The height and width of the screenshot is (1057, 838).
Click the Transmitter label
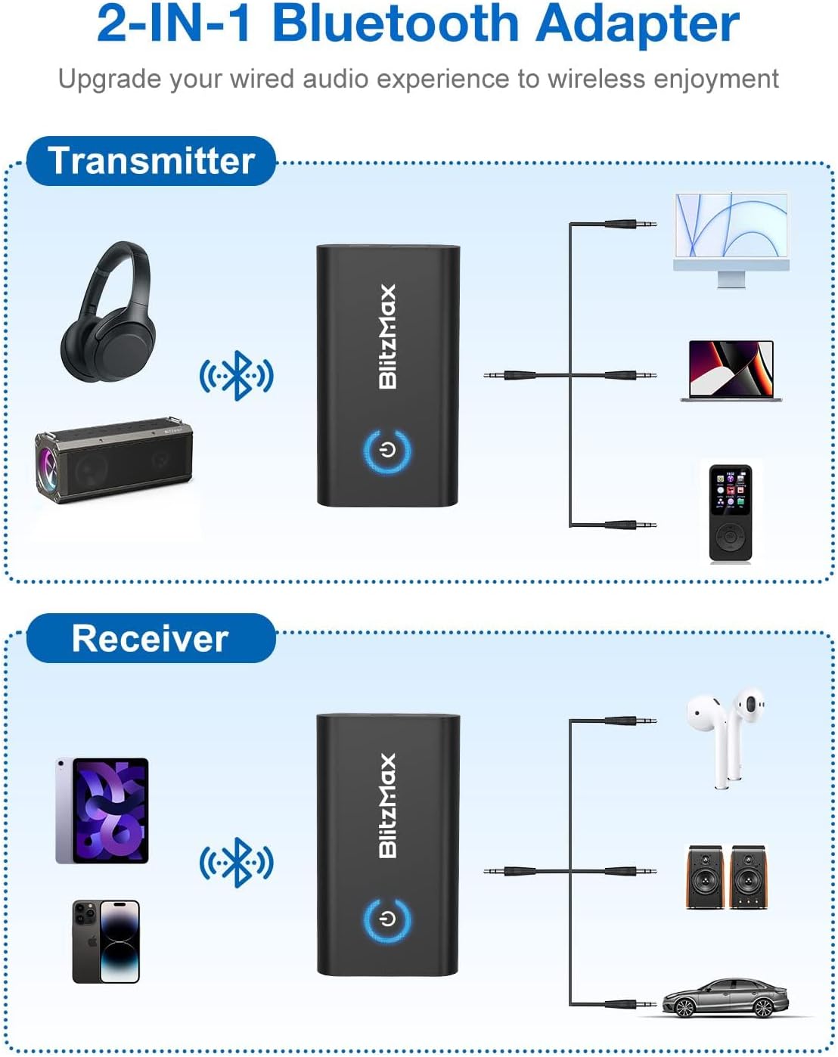(x=151, y=161)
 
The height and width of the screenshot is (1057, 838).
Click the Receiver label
(x=150, y=638)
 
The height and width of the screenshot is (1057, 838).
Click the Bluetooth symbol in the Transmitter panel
(x=236, y=375)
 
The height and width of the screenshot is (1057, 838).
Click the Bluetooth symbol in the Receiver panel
(x=236, y=862)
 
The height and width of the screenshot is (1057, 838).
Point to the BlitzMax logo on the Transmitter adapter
(x=387, y=336)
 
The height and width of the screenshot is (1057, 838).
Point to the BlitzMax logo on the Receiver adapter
(x=387, y=805)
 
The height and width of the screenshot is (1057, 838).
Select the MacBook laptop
(x=731, y=370)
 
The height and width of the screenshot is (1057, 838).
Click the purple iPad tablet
(x=102, y=811)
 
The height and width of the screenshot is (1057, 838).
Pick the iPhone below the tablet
(x=106, y=941)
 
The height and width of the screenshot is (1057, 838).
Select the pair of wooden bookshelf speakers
(x=725, y=877)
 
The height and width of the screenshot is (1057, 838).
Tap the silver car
(x=726, y=998)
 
